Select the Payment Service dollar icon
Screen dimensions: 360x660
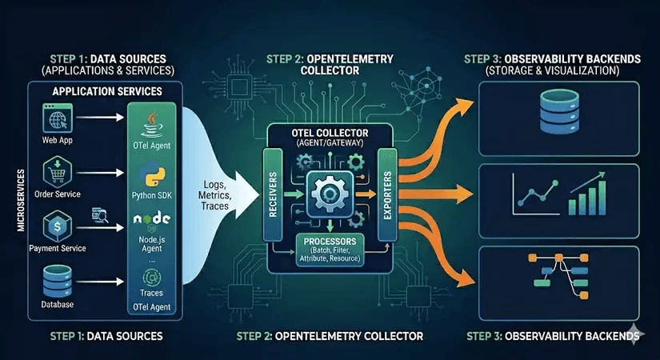(57, 225)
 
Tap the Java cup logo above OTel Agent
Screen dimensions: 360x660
(151, 124)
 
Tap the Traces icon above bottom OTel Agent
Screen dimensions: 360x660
(151, 277)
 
